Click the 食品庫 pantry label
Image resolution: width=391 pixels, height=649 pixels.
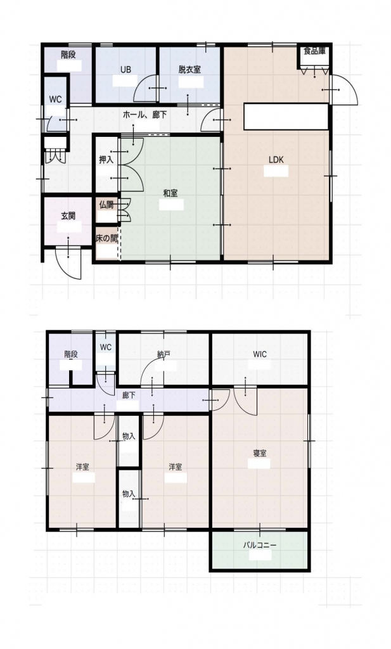click(314, 51)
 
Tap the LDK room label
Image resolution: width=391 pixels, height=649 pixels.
click(276, 160)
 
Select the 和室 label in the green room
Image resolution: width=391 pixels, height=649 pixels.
click(170, 193)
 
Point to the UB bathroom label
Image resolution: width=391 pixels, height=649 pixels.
click(125, 70)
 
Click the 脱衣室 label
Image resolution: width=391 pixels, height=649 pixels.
click(190, 70)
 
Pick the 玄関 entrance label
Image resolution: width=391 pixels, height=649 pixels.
click(68, 216)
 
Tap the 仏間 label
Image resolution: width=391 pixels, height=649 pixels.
click(106, 205)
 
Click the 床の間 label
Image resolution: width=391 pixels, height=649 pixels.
click(107, 239)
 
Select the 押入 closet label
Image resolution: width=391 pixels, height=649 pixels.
click(106, 160)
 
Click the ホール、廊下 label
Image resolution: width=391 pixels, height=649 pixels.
click(145, 115)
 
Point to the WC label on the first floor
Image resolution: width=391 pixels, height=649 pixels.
click(55, 100)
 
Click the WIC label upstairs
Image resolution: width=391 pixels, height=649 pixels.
click(260, 354)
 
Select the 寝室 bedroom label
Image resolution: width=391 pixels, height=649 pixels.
click(260, 453)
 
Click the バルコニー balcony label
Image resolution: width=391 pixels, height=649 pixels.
click(259, 545)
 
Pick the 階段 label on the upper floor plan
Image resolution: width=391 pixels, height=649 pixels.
click(71, 354)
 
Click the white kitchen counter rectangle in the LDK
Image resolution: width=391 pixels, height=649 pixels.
click(286, 117)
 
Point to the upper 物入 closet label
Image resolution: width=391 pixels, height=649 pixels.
click(129, 436)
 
